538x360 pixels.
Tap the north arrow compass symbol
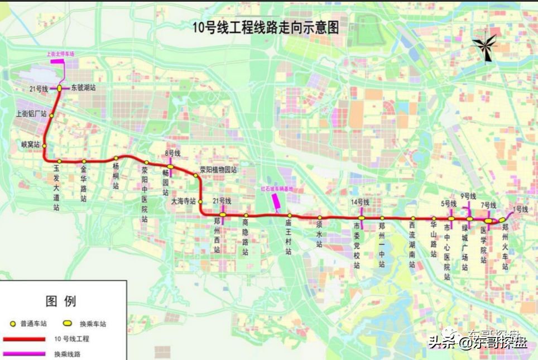[x=484, y=47]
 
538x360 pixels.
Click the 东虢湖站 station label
[x=83, y=88]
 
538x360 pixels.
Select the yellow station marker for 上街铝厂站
[x=52, y=116]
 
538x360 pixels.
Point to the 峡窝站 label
[x=30, y=144]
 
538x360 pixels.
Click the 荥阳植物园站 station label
[x=219, y=170]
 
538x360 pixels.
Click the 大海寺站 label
[x=184, y=201]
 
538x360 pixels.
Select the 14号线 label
[x=360, y=201]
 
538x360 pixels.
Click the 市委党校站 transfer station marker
[x=362, y=218]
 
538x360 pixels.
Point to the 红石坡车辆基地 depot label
[x=277, y=189]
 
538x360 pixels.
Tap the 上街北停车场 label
[x=60, y=54]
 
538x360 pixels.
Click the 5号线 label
[x=449, y=204]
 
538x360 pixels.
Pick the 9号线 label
[x=468, y=196]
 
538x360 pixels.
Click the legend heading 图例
[x=60, y=301]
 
